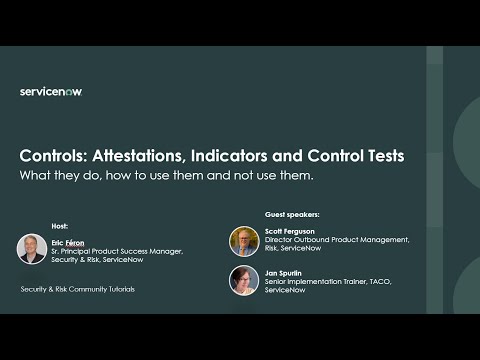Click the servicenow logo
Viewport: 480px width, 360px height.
pyautogui.click(x=51, y=92)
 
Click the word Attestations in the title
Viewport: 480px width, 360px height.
pyautogui.click(x=139, y=156)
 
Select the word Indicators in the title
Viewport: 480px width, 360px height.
pyautogui.click(x=229, y=156)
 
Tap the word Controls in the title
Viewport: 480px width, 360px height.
pyautogui.click(x=53, y=156)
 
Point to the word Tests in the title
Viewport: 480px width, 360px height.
pyautogui.click(x=386, y=156)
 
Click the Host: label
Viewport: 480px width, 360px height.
pyautogui.click(x=60, y=226)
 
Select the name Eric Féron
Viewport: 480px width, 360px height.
pyautogui.click(x=68, y=243)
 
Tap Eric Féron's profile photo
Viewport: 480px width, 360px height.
pyautogui.click(x=32, y=249)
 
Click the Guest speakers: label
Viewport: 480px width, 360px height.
pyautogui.click(x=292, y=214)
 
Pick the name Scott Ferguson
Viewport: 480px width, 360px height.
pyautogui.click(x=290, y=231)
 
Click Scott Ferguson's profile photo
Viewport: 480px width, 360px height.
pyautogui.click(x=244, y=241)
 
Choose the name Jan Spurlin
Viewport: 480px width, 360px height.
pyautogui.click(x=283, y=273)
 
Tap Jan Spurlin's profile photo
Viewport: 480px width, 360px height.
pyautogui.click(x=244, y=280)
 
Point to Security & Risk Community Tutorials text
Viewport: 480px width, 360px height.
pyautogui.click(x=78, y=289)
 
